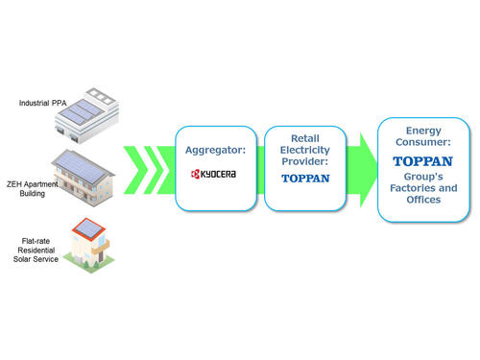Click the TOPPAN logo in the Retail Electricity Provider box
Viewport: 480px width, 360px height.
(305, 178)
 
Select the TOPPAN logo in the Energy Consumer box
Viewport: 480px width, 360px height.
(423, 161)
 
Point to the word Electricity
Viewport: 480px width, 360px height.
(305, 150)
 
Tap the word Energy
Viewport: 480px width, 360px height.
(423, 129)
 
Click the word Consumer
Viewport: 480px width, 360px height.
(423, 142)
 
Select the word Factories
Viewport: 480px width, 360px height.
(412, 189)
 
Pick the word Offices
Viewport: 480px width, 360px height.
(423, 201)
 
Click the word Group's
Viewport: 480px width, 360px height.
(423, 177)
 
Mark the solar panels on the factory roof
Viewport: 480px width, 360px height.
(88, 108)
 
